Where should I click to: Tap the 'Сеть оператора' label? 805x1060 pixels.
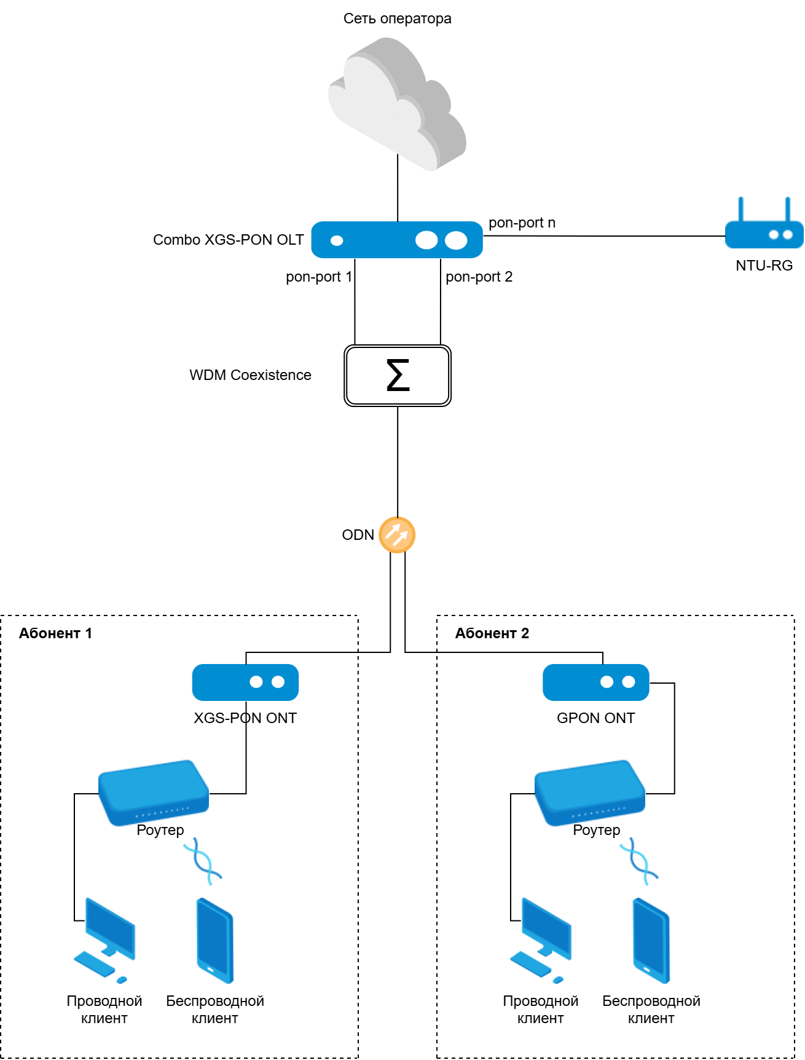pyautogui.click(x=397, y=18)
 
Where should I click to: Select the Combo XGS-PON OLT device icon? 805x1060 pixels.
pyautogui.click(x=397, y=240)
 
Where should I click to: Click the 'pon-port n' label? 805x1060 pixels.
pyautogui.click(x=522, y=223)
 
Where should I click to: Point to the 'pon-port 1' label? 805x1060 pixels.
pyautogui.click(x=319, y=277)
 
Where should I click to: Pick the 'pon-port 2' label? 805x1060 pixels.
pyautogui.click(x=479, y=277)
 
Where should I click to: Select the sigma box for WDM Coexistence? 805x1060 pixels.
pyautogui.click(x=398, y=376)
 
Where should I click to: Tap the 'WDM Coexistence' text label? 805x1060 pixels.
pyautogui.click(x=250, y=375)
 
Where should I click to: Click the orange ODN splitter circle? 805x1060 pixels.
pyautogui.click(x=397, y=535)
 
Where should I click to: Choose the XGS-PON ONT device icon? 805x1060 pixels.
pyautogui.click(x=245, y=682)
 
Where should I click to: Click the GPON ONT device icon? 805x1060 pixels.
pyautogui.click(x=595, y=682)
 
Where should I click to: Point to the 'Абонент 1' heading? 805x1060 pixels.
pyautogui.click(x=55, y=633)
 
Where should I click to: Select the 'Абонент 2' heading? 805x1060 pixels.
pyautogui.click(x=492, y=633)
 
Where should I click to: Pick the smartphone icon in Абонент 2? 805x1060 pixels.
pyautogui.click(x=651, y=940)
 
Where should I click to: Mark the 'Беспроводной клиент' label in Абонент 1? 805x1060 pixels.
pyautogui.click(x=215, y=1010)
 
